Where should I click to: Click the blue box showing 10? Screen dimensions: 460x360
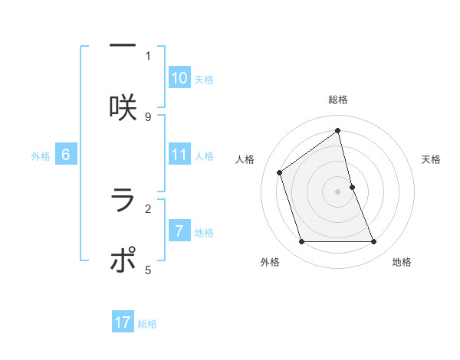[x=179, y=78]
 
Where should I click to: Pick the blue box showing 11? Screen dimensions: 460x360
[x=179, y=155]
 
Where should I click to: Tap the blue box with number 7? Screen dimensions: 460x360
[x=179, y=230]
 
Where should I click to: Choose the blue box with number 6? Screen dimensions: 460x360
[x=66, y=155]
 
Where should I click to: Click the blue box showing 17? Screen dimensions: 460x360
[x=123, y=322]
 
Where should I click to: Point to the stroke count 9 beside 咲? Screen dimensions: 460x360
[x=148, y=116]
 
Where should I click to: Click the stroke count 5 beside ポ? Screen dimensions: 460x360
[x=148, y=270]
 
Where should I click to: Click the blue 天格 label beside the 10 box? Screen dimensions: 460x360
[x=204, y=79]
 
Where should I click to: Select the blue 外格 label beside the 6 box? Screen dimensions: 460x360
[x=41, y=155]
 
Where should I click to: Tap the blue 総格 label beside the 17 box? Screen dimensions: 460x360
[x=147, y=323]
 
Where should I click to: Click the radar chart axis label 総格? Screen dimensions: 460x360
[x=338, y=100]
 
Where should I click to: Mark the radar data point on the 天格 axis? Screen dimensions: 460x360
[x=352, y=187]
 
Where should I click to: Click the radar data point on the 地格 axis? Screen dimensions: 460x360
[x=374, y=242]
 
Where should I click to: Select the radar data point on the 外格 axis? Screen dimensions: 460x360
[x=301, y=242]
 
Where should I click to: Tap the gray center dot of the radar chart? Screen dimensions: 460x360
[x=338, y=191]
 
